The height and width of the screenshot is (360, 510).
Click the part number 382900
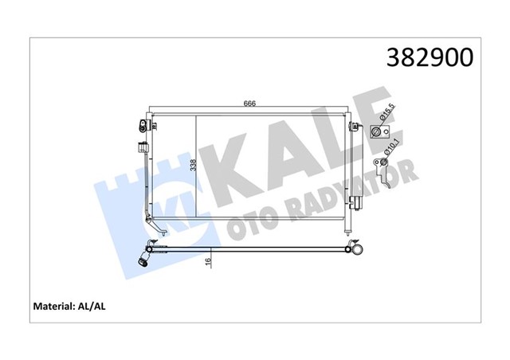(x=430, y=58)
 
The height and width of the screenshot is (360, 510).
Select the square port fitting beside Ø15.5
(x=378, y=132)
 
